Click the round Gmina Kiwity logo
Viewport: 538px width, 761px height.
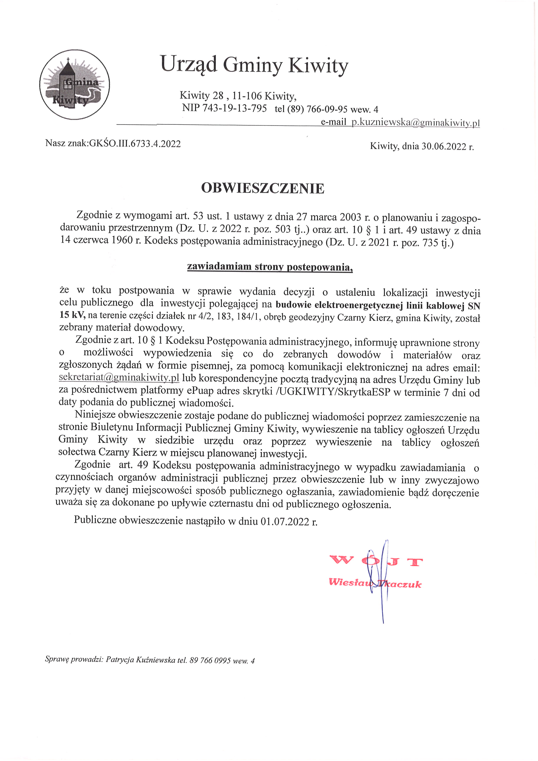[75, 84]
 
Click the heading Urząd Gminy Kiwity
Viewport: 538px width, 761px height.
[254, 65]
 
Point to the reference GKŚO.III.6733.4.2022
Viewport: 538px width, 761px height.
[135, 143]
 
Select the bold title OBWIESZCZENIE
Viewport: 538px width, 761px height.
[263, 188]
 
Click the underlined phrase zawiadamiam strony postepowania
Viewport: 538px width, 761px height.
[270, 267]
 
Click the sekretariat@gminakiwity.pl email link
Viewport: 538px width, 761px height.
[119, 378]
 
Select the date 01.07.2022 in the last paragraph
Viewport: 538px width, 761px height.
[285, 521]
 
